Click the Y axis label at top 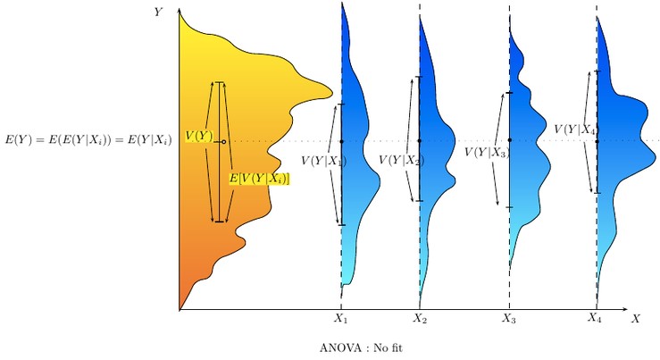158,12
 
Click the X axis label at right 635,318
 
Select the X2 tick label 420,318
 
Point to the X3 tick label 508,318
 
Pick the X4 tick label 595,317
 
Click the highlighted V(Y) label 198,136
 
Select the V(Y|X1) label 322,161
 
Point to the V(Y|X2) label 401,161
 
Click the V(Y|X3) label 487,153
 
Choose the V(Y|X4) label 575,130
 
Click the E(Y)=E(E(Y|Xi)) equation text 88,139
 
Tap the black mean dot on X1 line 341,141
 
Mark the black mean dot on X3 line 509,140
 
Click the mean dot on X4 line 597,140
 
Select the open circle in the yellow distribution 223,141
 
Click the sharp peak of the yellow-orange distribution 330,91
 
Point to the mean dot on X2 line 419,141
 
